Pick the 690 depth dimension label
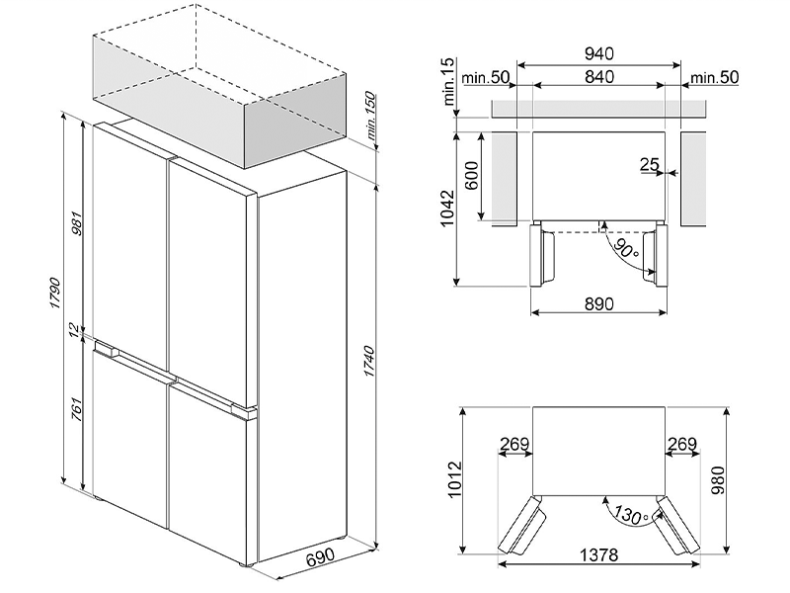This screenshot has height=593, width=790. click(x=319, y=559)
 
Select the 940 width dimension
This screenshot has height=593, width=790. click(x=599, y=53)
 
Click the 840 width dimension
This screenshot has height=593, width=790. click(x=599, y=77)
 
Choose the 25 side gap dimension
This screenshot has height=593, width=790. click(x=649, y=164)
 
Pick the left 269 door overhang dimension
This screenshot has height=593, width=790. click(x=513, y=445)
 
